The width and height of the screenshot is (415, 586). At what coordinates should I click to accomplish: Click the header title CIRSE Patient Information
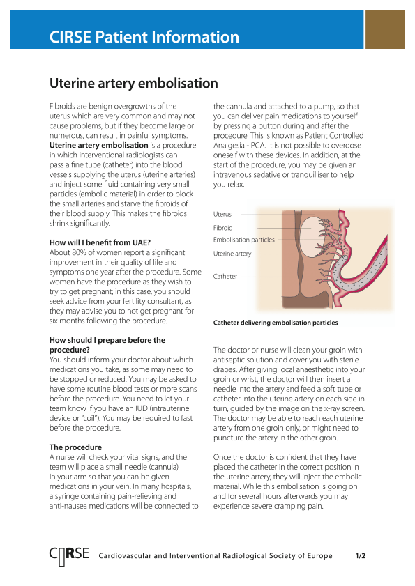[144, 38]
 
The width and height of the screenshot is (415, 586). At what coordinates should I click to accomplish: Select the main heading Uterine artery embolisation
[133, 84]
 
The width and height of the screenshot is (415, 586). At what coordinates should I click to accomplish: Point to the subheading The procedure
[76, 447]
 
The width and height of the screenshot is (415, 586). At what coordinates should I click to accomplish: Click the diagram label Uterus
[222, 215]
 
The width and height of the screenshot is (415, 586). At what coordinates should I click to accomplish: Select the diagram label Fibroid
[223, 228]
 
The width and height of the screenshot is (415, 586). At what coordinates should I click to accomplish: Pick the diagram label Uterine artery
[232, 254]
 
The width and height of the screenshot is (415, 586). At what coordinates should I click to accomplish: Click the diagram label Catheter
[225, 277]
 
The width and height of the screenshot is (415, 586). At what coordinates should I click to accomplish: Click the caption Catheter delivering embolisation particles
[276, 323]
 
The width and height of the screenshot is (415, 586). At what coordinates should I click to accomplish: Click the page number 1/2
[361, 557]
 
